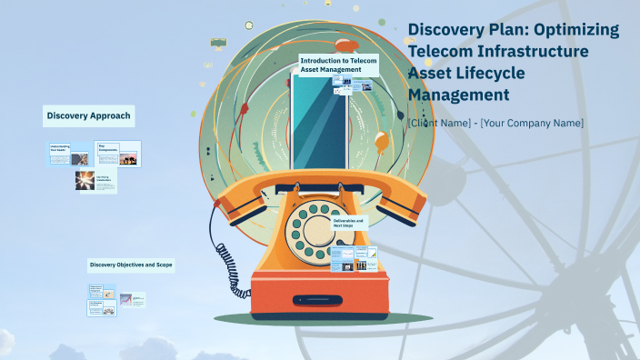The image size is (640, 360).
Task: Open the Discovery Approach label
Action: [x=89, y=116]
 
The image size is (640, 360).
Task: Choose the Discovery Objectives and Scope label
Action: [x=131, y=265]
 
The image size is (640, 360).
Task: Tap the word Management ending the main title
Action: [x=458, y=93]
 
